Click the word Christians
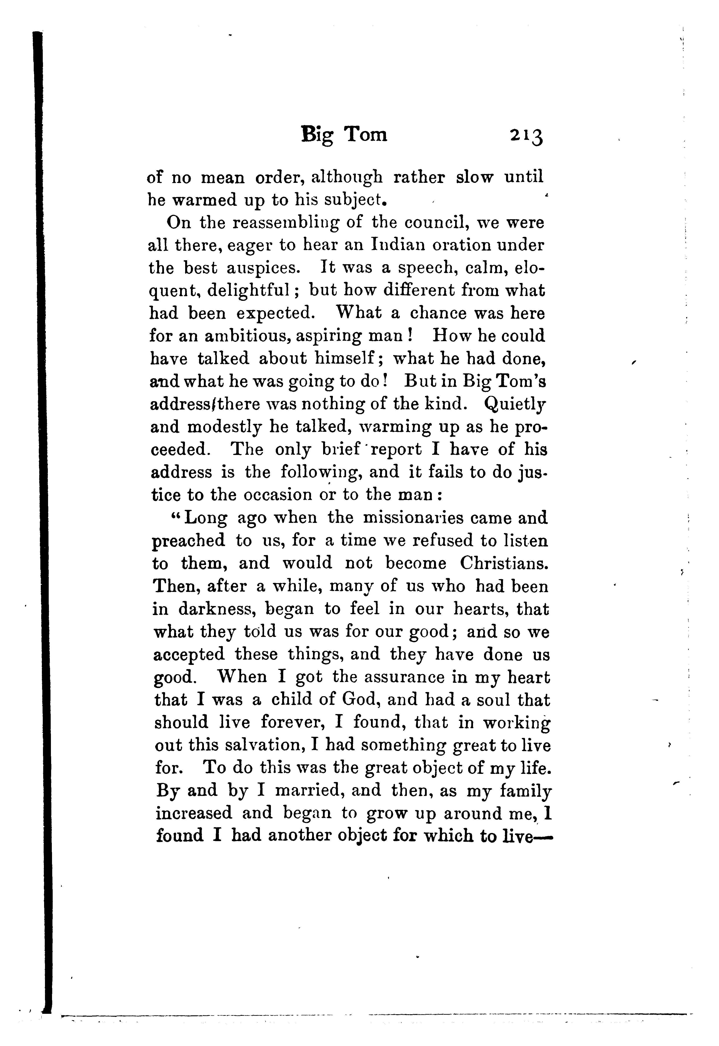coord(504,563)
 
